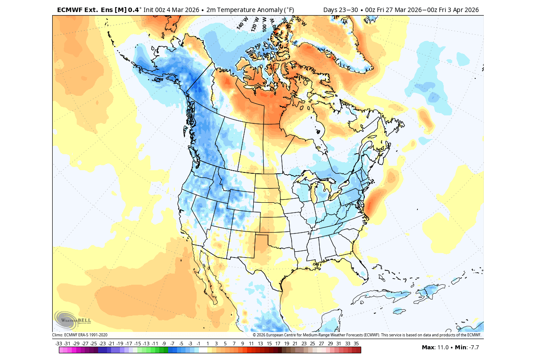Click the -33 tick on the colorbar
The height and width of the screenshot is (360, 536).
59,344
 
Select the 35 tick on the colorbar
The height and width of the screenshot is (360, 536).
356,344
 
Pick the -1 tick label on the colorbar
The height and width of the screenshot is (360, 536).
198,344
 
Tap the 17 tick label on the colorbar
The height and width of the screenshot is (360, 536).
277,344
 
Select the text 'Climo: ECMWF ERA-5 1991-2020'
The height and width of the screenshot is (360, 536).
80,335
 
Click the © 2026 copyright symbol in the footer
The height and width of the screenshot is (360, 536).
255,335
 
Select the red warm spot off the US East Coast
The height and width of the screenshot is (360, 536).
375,200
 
